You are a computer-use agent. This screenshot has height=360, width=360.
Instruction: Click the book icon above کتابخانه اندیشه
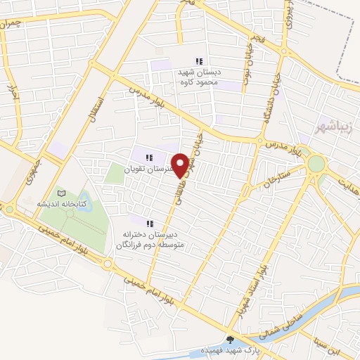tap(61, 193)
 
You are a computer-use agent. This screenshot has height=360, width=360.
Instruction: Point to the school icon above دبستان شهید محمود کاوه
tap(200, 62)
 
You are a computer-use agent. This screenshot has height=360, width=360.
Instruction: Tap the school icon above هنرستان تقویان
tap(148, 157)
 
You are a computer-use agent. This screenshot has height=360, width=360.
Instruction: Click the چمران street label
tap(13, 24)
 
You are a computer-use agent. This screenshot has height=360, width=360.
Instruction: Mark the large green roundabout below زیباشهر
tap(316, 165)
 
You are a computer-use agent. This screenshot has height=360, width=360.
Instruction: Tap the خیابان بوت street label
tap(246, 67)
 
